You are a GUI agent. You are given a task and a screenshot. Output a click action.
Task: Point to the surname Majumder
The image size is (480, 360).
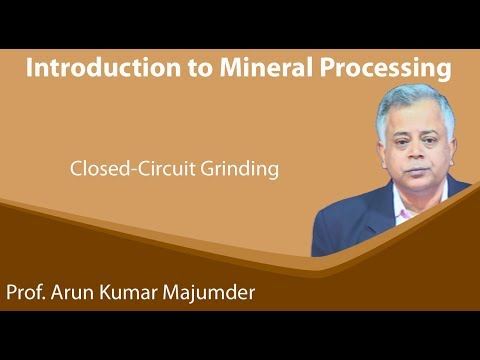(222, 295)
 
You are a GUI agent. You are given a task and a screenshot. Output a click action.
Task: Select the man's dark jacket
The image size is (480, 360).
(350, 225)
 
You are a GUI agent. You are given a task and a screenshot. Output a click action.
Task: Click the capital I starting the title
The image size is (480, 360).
(30, 69)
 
